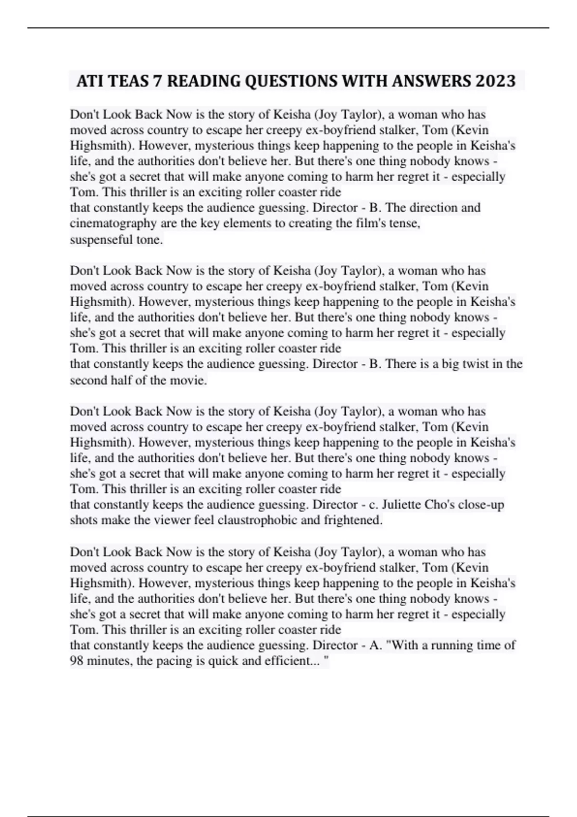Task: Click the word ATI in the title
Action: coord(88,81)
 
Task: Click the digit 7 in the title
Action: coord(157,81)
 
